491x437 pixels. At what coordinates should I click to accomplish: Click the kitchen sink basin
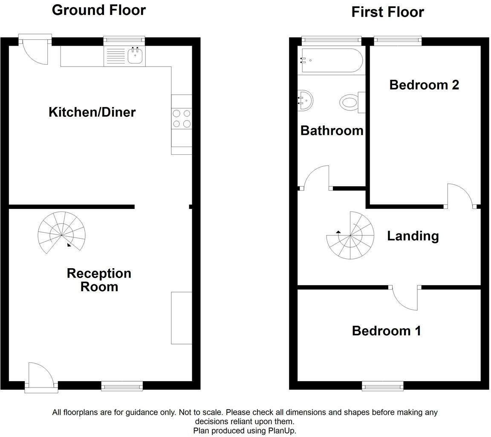[135, 56]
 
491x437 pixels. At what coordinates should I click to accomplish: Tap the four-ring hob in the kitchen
[182, 119]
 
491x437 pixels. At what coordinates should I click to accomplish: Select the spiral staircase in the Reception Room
[61, 235]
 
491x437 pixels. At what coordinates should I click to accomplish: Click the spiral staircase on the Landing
[350, 235]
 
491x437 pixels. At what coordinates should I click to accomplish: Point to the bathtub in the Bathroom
[332, 60]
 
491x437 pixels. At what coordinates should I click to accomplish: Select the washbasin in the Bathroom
[306, 101]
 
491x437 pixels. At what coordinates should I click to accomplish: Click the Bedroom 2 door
[460, 196]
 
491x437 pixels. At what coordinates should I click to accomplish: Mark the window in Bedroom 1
[382, 386]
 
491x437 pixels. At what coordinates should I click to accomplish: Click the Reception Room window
[122, 386]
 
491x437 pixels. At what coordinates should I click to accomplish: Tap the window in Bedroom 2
[398, 41]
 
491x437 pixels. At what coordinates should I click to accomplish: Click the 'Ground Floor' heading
[98, 10]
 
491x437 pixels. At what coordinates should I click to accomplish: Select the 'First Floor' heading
[387, 12]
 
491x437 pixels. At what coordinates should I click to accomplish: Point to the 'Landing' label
[413, 236]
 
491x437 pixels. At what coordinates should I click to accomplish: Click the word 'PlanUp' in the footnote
[281, 430]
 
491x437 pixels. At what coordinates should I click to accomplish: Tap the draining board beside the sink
[114, 56]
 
